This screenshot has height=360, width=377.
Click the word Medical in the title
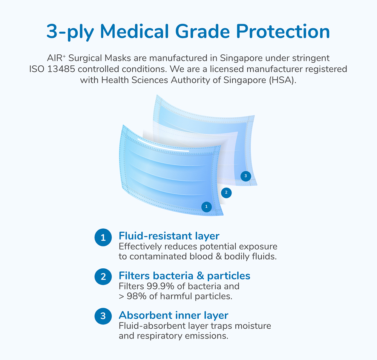134,31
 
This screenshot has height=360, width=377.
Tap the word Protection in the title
283,31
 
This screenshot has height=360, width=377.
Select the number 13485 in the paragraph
61,69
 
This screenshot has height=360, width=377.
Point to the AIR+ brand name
56,58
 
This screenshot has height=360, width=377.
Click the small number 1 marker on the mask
206,207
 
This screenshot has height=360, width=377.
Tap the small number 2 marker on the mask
226,193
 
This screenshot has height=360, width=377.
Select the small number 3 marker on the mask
246,176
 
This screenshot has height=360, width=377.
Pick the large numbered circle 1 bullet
103,237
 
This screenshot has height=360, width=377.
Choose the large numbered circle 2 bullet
103,277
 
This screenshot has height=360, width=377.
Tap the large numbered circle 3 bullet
103,316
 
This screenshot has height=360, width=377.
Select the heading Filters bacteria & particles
184,276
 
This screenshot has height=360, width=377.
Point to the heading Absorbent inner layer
173,315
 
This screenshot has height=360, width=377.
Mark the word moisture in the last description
253,326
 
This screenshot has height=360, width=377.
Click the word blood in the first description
201,257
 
